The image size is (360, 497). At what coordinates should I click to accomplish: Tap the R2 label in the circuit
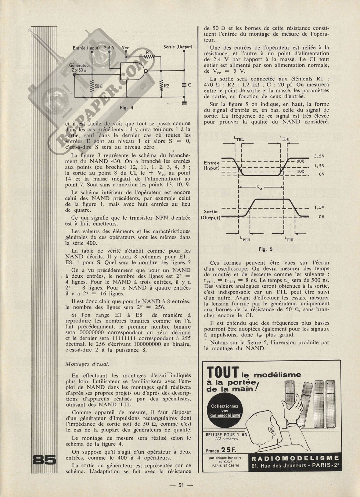pyautogui.click(x=167, y=85)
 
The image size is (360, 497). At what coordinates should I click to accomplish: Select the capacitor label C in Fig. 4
pyautogui.click(x=189, y=84)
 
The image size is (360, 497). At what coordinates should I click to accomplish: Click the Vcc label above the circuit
pyautogui.click(x=126, y=48)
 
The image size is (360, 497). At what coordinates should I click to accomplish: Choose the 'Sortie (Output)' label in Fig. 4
pyautogui.click(x=178, y=47)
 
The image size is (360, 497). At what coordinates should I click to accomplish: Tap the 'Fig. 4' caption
pyautogui.click(x=126, y=108)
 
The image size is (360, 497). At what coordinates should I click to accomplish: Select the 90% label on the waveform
pyautogui.click(x=300, y=161)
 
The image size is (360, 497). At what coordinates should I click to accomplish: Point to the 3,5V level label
pyautogui.click(x=319, y=156)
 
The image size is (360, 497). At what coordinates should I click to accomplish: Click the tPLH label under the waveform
pyautogui.click(x=245, y=239)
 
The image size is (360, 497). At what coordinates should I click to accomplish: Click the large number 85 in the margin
pyautogui.click(x=44, y=460)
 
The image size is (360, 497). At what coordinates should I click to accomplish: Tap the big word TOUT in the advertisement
pyautogui.click(x=223, y=372)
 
